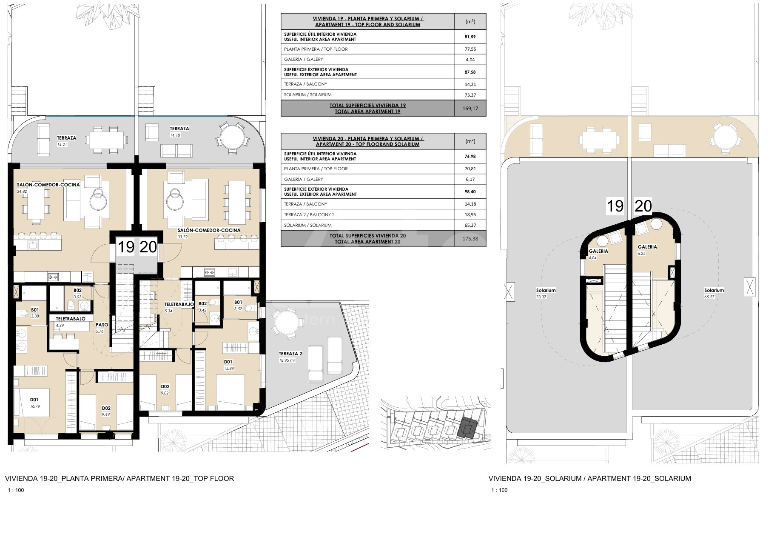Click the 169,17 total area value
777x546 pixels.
pyautogui.click(x=470, y=109)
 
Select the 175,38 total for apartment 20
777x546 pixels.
pyautogui.click(x=470, y=239)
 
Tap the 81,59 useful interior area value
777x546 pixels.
pyautogui.click(x=470, y=37)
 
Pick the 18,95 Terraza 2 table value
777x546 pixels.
pyautogui.click(x=470, y=214)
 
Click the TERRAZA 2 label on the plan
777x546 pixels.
pyautogui.click(x=290, y=354)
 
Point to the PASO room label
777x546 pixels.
pyautogui.click(x=102, y=325)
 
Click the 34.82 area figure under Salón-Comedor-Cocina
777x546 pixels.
pyautogui.click(x=22, y=192)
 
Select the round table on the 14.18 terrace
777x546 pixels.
pyautogui.click(x=232, y=137)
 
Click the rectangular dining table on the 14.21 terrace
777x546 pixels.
pyautogui.click(x=106, y=139)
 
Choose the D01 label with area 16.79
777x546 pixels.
pyautogui.click(x=34, y=400)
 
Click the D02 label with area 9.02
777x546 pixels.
pyautogui.click(x=165, y=386)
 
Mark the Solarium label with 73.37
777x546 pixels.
pyautogui.click(x=546, y=290)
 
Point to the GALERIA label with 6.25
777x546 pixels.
pyautogui.click(x=647, y=247)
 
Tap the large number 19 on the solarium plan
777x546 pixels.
pyautogui.click(x=615, y=206)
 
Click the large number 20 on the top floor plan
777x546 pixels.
pyautogui.click(x=148, y=247)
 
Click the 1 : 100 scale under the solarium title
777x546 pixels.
pyautogui.click(x=500, y=490)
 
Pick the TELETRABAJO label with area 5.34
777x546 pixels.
pyautogui.click(x=179, y=304)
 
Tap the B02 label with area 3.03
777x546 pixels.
pyautogui.click(x=77, y=291)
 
